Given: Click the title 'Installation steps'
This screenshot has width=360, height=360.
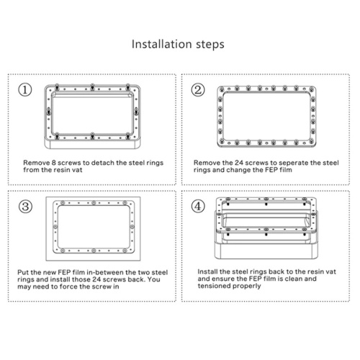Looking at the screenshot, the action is [x=178, y=45].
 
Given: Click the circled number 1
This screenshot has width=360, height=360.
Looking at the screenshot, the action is [x=25, y=90].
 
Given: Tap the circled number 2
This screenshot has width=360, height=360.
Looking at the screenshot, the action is [x=198, y=90].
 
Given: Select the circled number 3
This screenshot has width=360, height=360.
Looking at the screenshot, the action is [x=25, y=207].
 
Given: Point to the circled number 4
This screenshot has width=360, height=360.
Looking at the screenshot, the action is [x=198, y=206].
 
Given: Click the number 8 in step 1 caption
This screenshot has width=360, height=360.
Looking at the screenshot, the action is [x=54, y=163].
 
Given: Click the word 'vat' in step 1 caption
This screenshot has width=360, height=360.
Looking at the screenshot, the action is [x=78, y=170].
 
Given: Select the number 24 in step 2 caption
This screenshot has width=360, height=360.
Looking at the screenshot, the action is [x=239, y=163].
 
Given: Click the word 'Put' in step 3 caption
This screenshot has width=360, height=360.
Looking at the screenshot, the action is [x=23, y=272].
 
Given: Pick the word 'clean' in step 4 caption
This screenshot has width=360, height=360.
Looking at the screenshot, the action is [x=294, y=279].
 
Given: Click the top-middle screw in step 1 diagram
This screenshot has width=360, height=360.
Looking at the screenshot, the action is [x=92, y=87].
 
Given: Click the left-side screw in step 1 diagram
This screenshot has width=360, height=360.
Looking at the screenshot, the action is [x=49, y=112].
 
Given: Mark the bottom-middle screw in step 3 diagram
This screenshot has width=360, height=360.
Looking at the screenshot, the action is [x=94, y=251].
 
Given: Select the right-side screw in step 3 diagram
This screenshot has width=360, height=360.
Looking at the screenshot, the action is [x=132, y=227].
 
